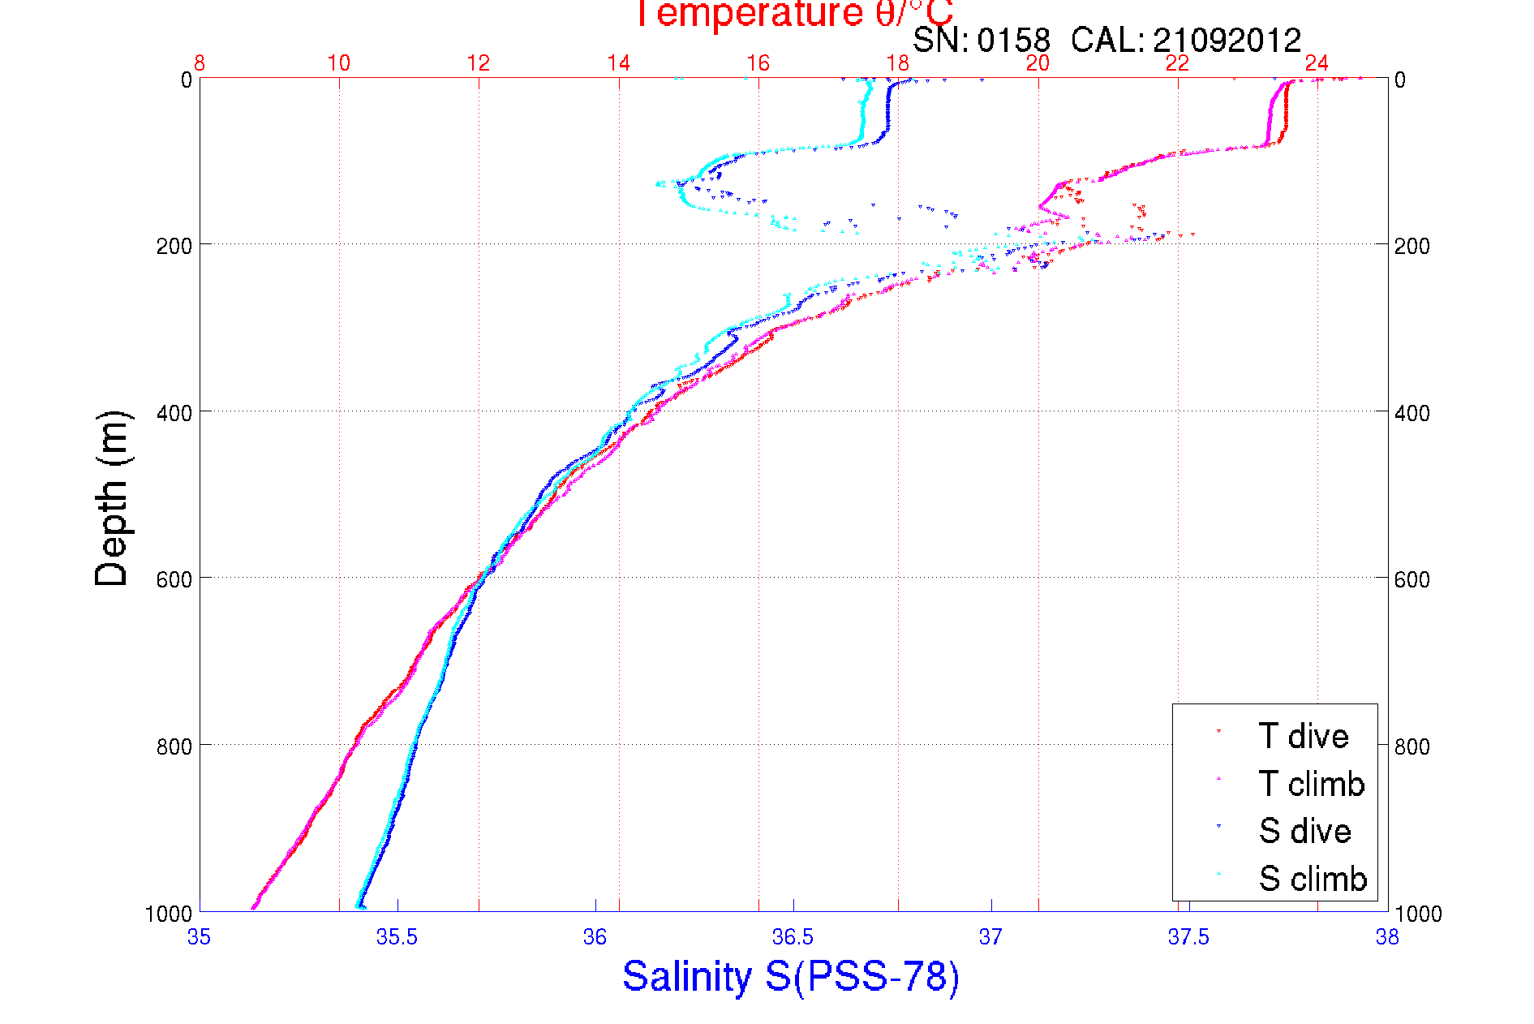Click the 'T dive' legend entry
pos(1303,736)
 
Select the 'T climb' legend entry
pos(1311,784)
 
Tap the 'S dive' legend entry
pos(1304,831)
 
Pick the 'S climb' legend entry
pos(1313,879)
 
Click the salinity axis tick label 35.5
pos(397,937)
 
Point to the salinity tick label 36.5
pos(793,937)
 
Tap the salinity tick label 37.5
pos(1188,937)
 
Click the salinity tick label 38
pos(1387,937)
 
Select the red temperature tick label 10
pos(339,63)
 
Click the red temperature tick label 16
pos(758,63)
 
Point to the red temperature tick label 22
pos(1177,63)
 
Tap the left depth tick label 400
pos(174,413)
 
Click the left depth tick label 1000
pos(169,914)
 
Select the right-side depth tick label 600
pos(1412,579)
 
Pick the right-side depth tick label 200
pos(1412,246)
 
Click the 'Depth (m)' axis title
pos(112,499)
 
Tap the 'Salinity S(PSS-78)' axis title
pos(791,976)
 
